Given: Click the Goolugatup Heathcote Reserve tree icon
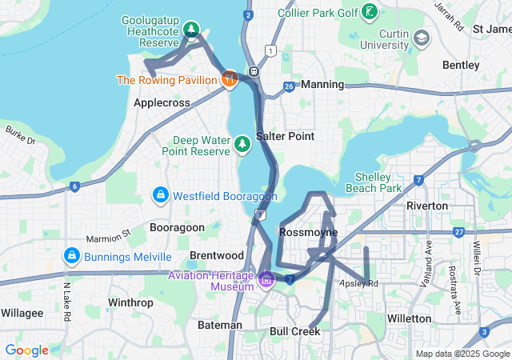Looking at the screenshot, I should (191, 30).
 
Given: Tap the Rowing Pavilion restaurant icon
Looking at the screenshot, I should (229, 78).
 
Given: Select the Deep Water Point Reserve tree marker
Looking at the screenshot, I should (242, 143).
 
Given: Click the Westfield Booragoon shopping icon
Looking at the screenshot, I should (160, 195).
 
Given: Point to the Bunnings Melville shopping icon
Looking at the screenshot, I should (72, 256).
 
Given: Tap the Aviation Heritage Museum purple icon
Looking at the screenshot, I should (266, 279).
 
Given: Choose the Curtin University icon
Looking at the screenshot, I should (421, 38).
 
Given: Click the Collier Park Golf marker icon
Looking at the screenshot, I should (369, 13).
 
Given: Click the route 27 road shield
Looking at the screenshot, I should (458, 232).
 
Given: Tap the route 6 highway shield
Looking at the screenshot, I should (74, 186).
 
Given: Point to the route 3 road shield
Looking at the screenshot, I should (484, 332).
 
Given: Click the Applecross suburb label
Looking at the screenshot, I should (162, 103).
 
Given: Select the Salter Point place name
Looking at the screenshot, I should (285, 136).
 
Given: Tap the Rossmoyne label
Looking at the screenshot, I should (308, 232).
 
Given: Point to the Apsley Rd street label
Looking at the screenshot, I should (358, 283).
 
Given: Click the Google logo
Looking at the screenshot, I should (26, 350).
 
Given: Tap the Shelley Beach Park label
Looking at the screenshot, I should (379, 182).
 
